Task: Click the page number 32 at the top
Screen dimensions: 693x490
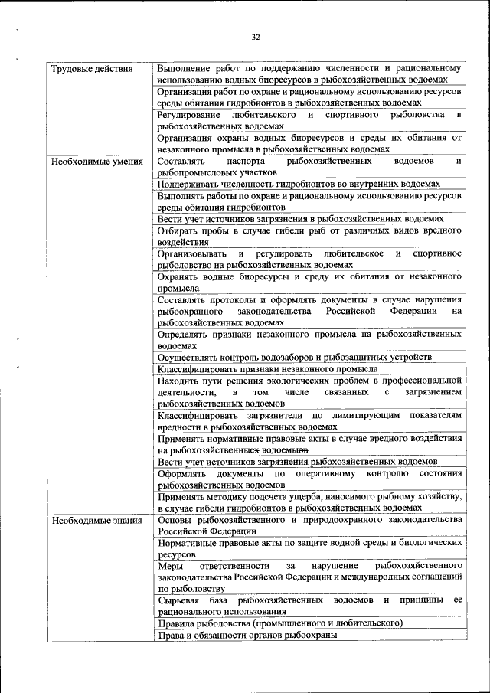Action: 256,37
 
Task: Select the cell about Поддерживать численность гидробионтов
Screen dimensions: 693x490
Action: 299,185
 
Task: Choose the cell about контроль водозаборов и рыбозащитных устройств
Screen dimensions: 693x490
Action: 296,358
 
